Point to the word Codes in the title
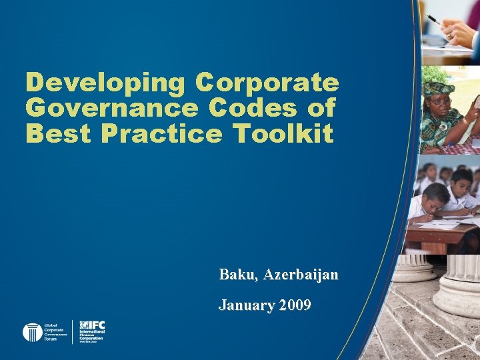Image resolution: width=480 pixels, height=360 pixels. point(253,108)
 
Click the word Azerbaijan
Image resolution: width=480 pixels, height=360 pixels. point(301,275)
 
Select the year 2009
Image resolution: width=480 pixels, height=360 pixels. point(295,305)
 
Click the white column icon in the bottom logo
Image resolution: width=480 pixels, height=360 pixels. point(32,332)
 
